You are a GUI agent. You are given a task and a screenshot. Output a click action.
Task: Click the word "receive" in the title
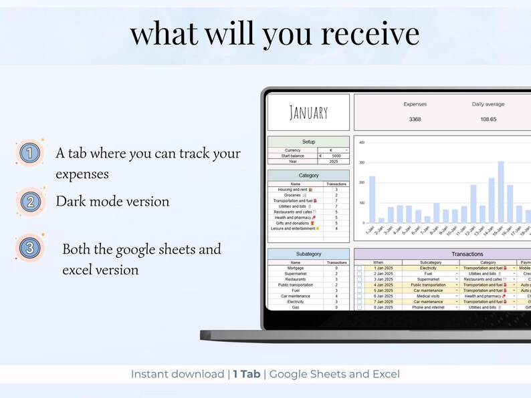(x=363, y=33)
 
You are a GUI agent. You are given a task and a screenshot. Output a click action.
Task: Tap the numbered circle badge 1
(x=29, y=153)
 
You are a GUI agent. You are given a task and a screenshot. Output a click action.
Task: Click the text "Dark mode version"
(x=112, y=201)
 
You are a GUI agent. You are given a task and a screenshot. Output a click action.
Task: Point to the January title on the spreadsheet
(x=308, y=112)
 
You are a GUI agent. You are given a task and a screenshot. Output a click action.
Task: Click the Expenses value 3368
(x=415, y=120)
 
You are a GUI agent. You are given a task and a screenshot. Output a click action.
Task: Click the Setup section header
(x=308, y=142)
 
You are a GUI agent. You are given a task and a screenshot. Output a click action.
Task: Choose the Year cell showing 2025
(x=333, y=162)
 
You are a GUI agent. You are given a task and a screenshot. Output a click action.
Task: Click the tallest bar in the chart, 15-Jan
(x=500, y=192)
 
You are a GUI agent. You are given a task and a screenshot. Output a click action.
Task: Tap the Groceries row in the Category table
(x=295, y=195)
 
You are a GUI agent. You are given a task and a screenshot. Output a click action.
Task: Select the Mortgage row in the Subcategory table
(x=295, y=268)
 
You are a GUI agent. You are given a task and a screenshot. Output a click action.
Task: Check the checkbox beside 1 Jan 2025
(x=359, y=268)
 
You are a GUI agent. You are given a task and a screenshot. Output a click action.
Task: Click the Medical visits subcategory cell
(x=428, y=296)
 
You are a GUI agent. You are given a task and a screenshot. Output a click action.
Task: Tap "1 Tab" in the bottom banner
(x=247, y=374)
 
